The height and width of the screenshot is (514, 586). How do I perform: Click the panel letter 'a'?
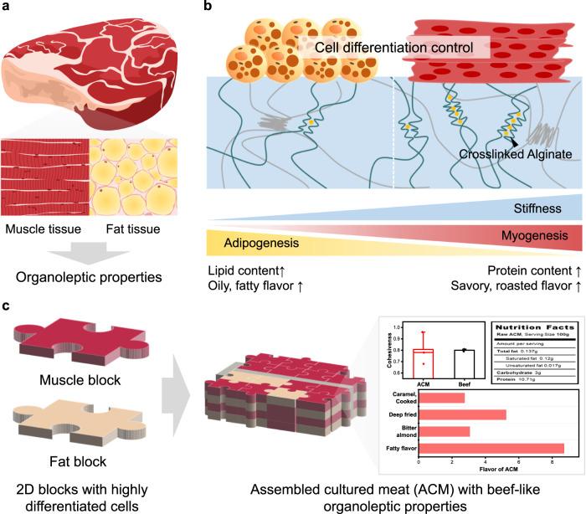(8, 8)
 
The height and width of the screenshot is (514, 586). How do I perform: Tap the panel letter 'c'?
(8, 284)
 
